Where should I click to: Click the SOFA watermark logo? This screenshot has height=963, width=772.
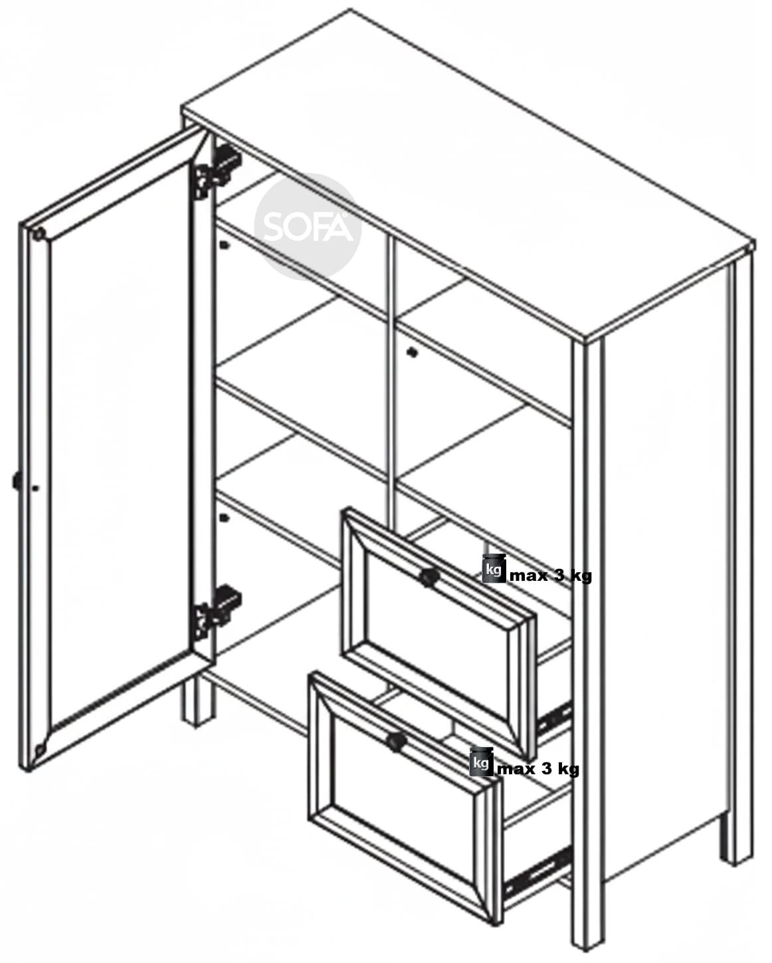click(308, 227)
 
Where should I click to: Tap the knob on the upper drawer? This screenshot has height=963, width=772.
click(429, 577)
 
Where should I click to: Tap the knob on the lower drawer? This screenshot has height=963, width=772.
click(396, 740)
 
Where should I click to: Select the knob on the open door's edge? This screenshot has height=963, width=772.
click(17, 481)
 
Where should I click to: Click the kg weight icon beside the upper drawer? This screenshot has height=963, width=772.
click(494, 568)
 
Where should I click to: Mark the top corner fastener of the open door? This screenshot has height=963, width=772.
click(39, 233)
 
